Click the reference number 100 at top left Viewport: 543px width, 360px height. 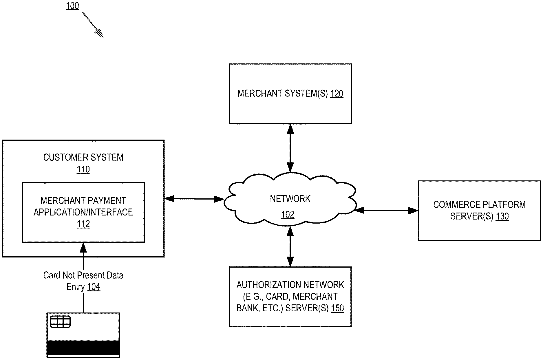coord(72,6)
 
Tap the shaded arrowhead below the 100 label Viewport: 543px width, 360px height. coord(99,33)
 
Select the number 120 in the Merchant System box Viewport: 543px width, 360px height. coord(337,94)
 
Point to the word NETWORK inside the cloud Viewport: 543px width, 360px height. coord(290,199)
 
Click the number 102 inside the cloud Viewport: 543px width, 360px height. coord(288,215)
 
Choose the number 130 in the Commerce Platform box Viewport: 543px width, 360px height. coord(502,216)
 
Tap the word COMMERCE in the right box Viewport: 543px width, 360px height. coord(453,204)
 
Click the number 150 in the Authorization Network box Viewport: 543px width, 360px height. coord(337,308)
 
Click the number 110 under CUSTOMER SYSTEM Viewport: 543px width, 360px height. coord(83,169)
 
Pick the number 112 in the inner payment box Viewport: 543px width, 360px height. coord(83,224)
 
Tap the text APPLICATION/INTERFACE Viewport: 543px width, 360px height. coord(83,212)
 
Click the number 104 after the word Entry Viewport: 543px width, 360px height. coord(94,287)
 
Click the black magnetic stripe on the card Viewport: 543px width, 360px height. coord(83,347)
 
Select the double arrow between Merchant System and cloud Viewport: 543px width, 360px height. coord(290,148)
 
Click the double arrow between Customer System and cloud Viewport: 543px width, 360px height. coord(194,199)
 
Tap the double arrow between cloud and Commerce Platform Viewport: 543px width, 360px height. coord(386,211)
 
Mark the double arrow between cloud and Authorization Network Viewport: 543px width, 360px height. coord(290,246)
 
